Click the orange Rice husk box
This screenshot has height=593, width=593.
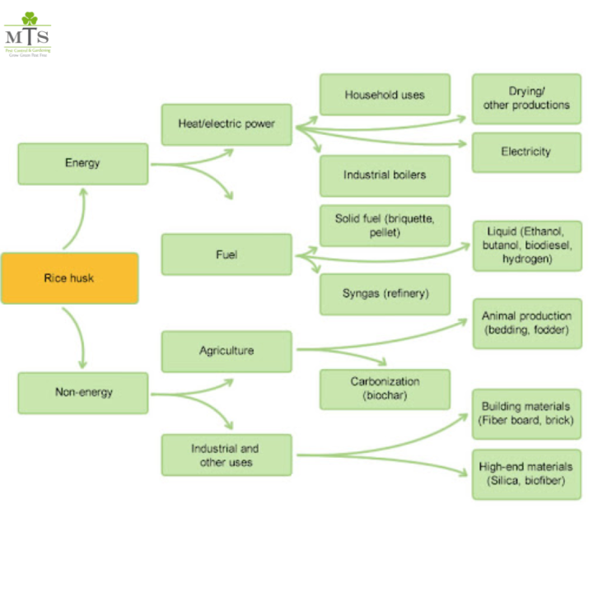click(69, 278)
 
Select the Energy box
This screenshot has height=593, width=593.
click(82, 163)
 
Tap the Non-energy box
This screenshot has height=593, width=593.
click(82, 392)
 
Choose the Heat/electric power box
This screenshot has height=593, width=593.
click(226, 124)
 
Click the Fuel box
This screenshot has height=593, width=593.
click(226, 254)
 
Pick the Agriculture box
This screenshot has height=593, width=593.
click(226, 351)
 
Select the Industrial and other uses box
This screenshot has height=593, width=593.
click(226, 455)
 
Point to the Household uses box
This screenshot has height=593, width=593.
click(385, 95)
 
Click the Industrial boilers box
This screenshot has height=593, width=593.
click(385, 175)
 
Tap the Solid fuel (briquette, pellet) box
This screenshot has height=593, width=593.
click(385, 226)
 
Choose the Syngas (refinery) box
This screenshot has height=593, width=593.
click(385, 294)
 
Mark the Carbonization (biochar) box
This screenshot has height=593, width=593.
click(385, 389)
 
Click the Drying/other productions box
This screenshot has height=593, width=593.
click(526, 98)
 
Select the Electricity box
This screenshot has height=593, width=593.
click(526, 152)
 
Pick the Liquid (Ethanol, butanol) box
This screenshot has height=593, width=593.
click(526, 245)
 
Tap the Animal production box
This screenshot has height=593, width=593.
click(526, 324)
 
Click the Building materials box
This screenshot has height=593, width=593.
click(526, 414)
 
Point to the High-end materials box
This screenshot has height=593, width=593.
click(526, 474)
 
